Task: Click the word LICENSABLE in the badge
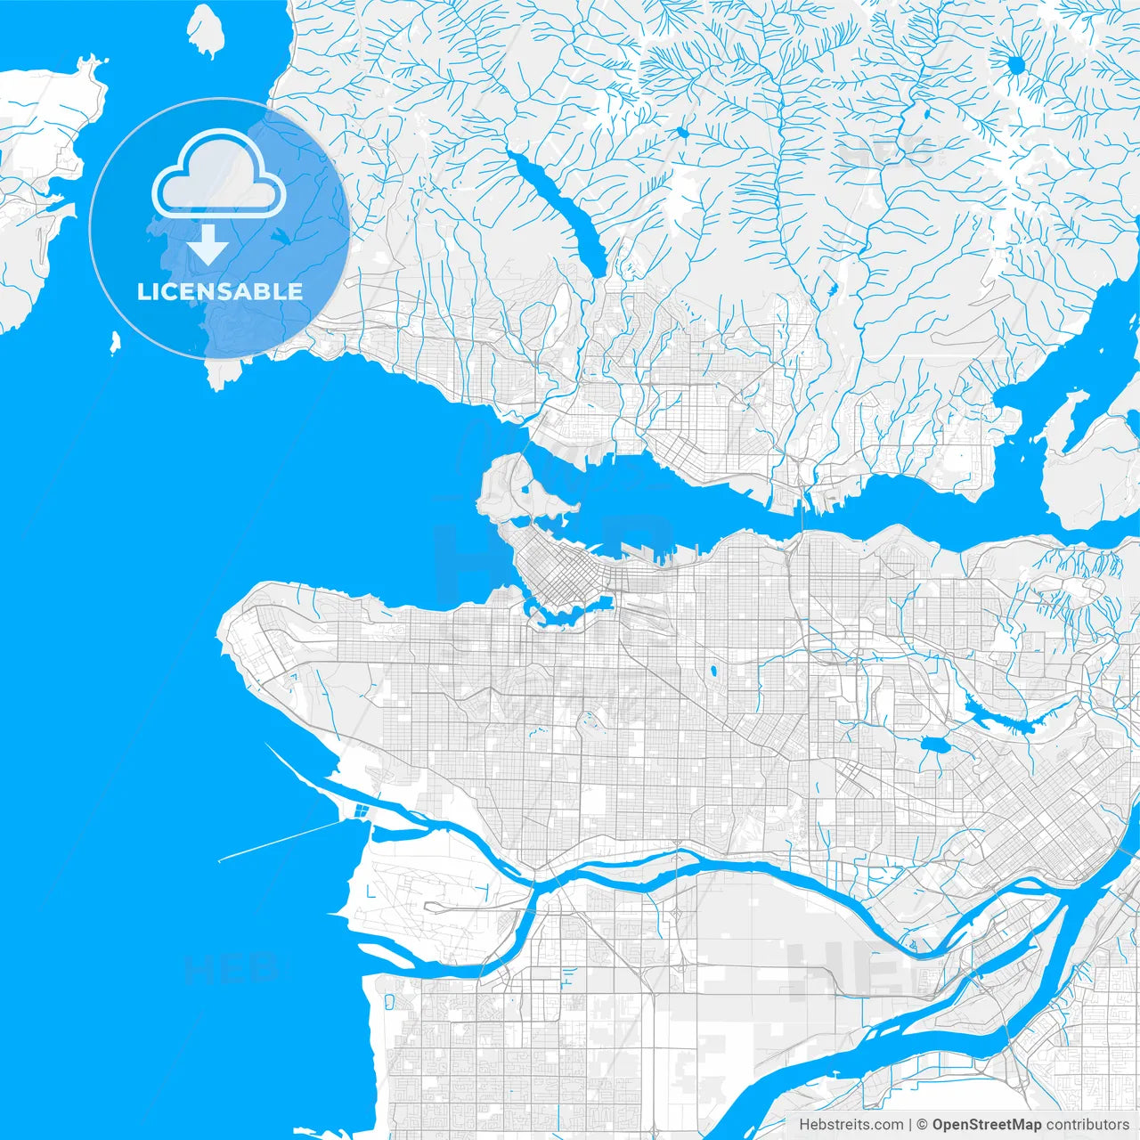pyautogui.click(x=220, y=291)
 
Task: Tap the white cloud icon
pyautogui.click(x=219, y=175)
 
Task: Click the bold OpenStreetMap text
pyautogui.click(x=986, y=1125)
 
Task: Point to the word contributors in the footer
pyautogui.click(x=1087, y=1125)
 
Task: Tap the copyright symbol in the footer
pyautogui.click(x=923, y=1125)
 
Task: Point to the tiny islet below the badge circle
pyautogui.click(x=115, y=342)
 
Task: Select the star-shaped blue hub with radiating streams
pyautogui.click(x=1015, y=64)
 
